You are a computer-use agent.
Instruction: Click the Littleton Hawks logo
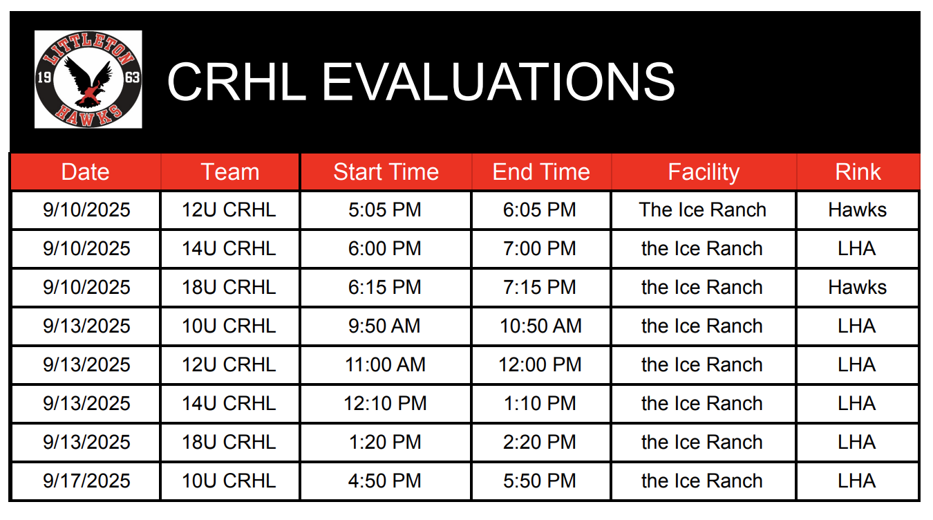[x=88, y=79]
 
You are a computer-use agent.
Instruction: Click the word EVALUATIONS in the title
[x=498, y=82]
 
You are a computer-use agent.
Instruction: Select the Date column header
[x=86, y=171]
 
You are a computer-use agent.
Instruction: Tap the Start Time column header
[x=386, y=171]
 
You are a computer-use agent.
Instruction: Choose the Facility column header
[x=704, y=172]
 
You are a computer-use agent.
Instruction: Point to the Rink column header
[x=858, y=171]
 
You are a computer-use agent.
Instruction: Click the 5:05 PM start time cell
[x=385, y=210]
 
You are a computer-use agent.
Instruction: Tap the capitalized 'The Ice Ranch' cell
[x=703, y=210]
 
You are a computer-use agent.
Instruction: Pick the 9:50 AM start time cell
[x=384, y=326]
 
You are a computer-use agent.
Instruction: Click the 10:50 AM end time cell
[x=540, y=326]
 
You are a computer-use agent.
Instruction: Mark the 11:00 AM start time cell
[x=385, y=364]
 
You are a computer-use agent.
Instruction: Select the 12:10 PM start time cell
[x=385, y=403]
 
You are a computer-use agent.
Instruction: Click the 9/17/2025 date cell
[x=86, y=481]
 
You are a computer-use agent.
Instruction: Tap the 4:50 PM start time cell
[x=385, y=481]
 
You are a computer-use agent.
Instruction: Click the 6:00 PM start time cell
[x=385, y=248]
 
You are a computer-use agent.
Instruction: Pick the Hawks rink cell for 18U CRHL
[x=857, y=287]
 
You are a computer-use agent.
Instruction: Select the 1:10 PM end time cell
[x=540, y=403]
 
